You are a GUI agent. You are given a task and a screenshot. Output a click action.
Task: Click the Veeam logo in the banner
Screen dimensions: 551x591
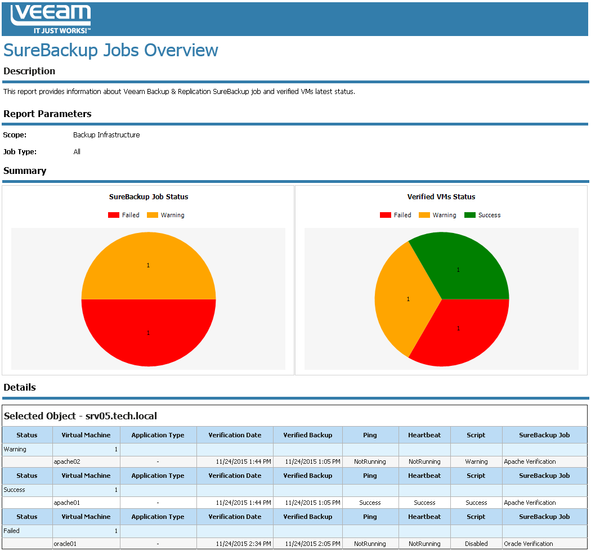point(51,19)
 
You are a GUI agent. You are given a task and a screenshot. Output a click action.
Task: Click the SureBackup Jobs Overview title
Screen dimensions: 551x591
point(111,50)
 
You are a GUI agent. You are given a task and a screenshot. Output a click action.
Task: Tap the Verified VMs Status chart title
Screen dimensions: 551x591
point(441,197)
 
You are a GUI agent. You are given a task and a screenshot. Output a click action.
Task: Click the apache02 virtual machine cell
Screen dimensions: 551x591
point(67,462)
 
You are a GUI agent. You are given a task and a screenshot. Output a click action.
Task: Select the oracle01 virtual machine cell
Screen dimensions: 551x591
point(65,544)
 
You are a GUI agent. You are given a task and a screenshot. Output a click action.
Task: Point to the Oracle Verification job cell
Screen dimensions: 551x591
point(529,544)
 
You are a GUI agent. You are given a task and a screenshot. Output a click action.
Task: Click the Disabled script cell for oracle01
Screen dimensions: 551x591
point(476,544)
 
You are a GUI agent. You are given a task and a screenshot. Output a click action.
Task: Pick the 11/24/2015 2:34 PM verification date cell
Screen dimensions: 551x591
point(243,544)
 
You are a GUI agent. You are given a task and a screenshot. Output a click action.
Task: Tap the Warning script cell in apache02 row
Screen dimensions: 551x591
point(476,462)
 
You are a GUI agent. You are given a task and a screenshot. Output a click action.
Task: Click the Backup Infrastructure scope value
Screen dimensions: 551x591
point(106,135)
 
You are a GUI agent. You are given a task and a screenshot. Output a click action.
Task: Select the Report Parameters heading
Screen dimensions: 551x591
point(47,114)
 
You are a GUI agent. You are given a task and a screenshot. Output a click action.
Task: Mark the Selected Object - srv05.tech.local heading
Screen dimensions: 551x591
point(80,416)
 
